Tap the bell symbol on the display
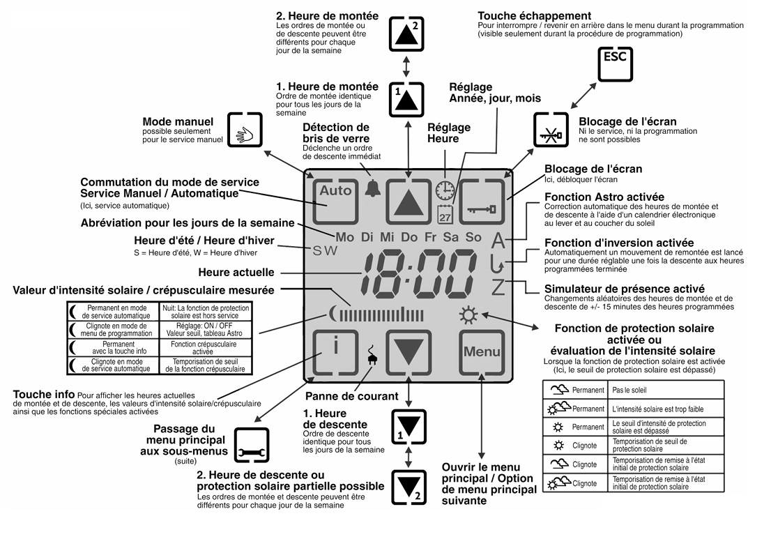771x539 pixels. coord(373,189)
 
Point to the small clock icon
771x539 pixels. coord(445,190)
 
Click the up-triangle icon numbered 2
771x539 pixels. coord(407,32)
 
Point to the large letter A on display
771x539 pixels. coord(498,241)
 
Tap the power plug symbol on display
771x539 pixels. coord(372,356)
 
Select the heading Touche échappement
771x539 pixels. coord(534,15)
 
